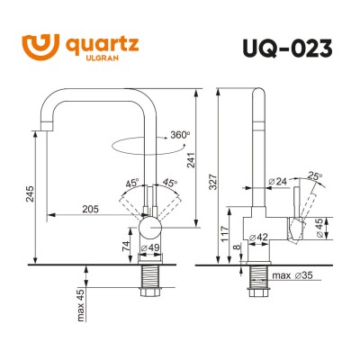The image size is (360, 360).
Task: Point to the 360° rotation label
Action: (178, 135)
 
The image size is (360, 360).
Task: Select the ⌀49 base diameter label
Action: (149, 247)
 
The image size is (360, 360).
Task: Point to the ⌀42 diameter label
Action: (259, 238)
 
